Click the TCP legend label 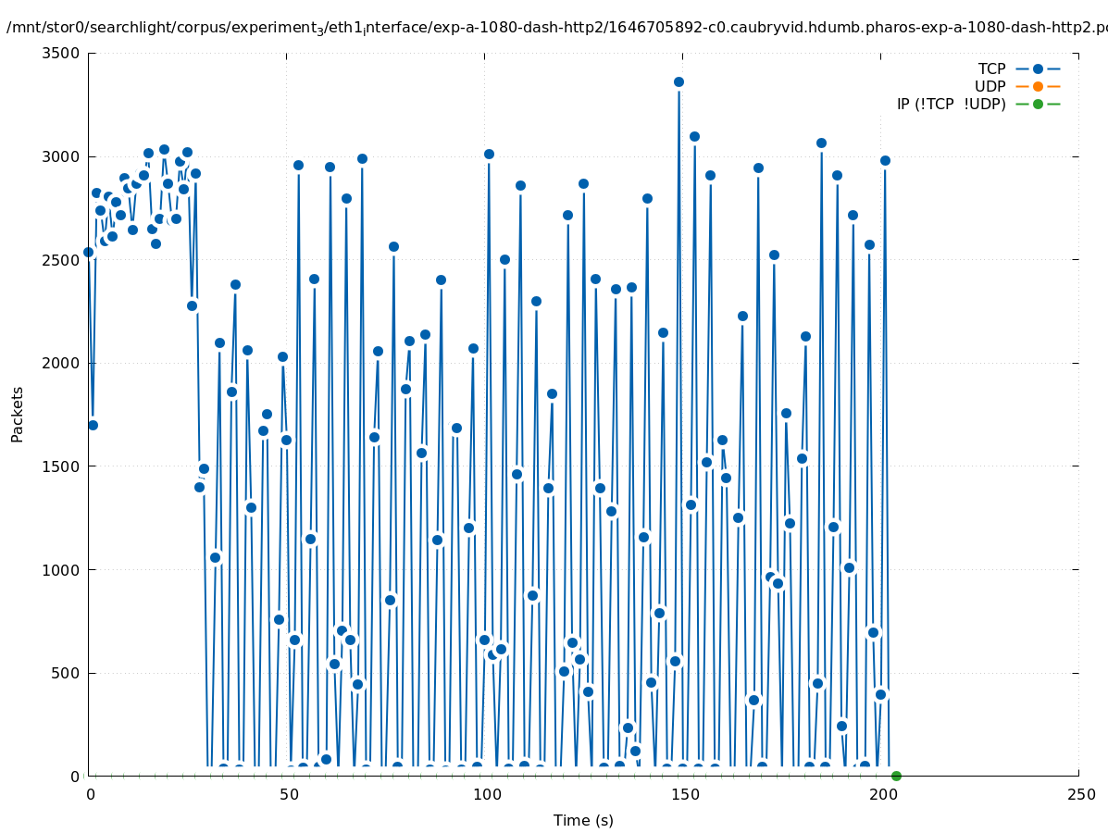[991, 68]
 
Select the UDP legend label [990, 86]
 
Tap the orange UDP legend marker [1038, 86]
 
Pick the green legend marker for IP [1038, 104]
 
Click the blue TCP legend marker [1038, 68]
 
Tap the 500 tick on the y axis [66, 673]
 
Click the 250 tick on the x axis [1079, 794]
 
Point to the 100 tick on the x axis [485, 794]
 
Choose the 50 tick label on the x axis [287, 794]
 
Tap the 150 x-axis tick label [683, 794]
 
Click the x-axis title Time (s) [583, 820]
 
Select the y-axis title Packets [18, 414]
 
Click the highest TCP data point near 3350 [678, 82]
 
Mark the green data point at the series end [896, 776]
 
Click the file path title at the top [555, 28]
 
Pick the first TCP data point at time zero [89, 252]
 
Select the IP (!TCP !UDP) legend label [951, 104]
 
